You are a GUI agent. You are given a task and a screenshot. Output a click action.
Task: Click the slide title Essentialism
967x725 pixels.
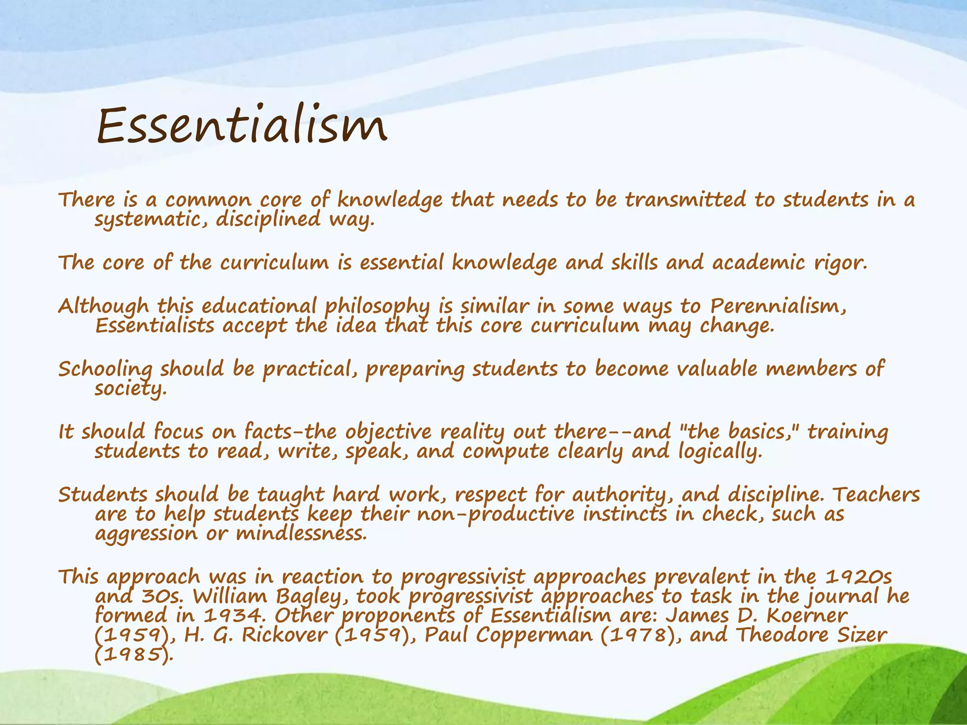(242, 125)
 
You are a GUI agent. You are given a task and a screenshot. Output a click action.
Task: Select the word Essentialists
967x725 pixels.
(154, 326)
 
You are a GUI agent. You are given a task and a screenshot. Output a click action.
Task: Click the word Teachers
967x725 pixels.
(875, 495)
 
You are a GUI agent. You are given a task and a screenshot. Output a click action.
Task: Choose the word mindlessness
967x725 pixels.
(301, 534)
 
